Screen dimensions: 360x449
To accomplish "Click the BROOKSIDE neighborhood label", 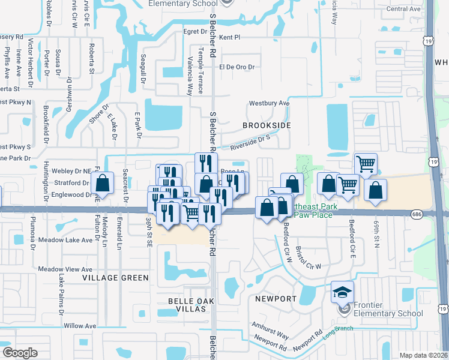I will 267,125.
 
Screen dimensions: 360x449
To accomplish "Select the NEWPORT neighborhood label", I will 276,299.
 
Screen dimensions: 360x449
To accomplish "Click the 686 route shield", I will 418,214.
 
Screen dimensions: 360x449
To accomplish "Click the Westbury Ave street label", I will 270,103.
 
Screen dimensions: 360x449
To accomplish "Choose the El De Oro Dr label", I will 237,67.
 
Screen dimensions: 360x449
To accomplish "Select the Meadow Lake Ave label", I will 65,240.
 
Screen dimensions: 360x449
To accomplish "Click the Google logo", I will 20,353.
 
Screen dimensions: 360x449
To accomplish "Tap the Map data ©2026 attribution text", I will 423,355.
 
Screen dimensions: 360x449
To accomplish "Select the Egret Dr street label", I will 195,31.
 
